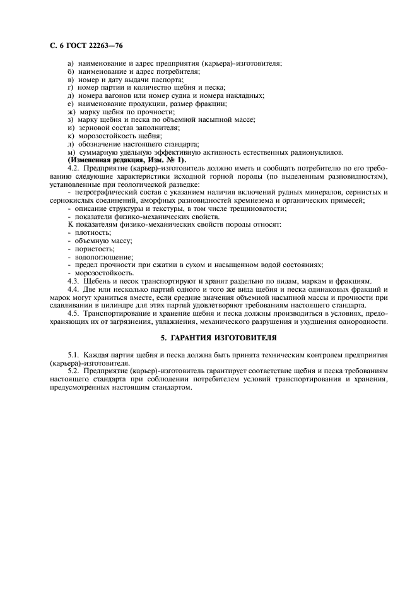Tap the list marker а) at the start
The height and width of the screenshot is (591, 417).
pos(70,63)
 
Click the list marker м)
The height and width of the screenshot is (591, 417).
pos(71,152)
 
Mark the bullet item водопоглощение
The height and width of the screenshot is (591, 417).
pos(98,257)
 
